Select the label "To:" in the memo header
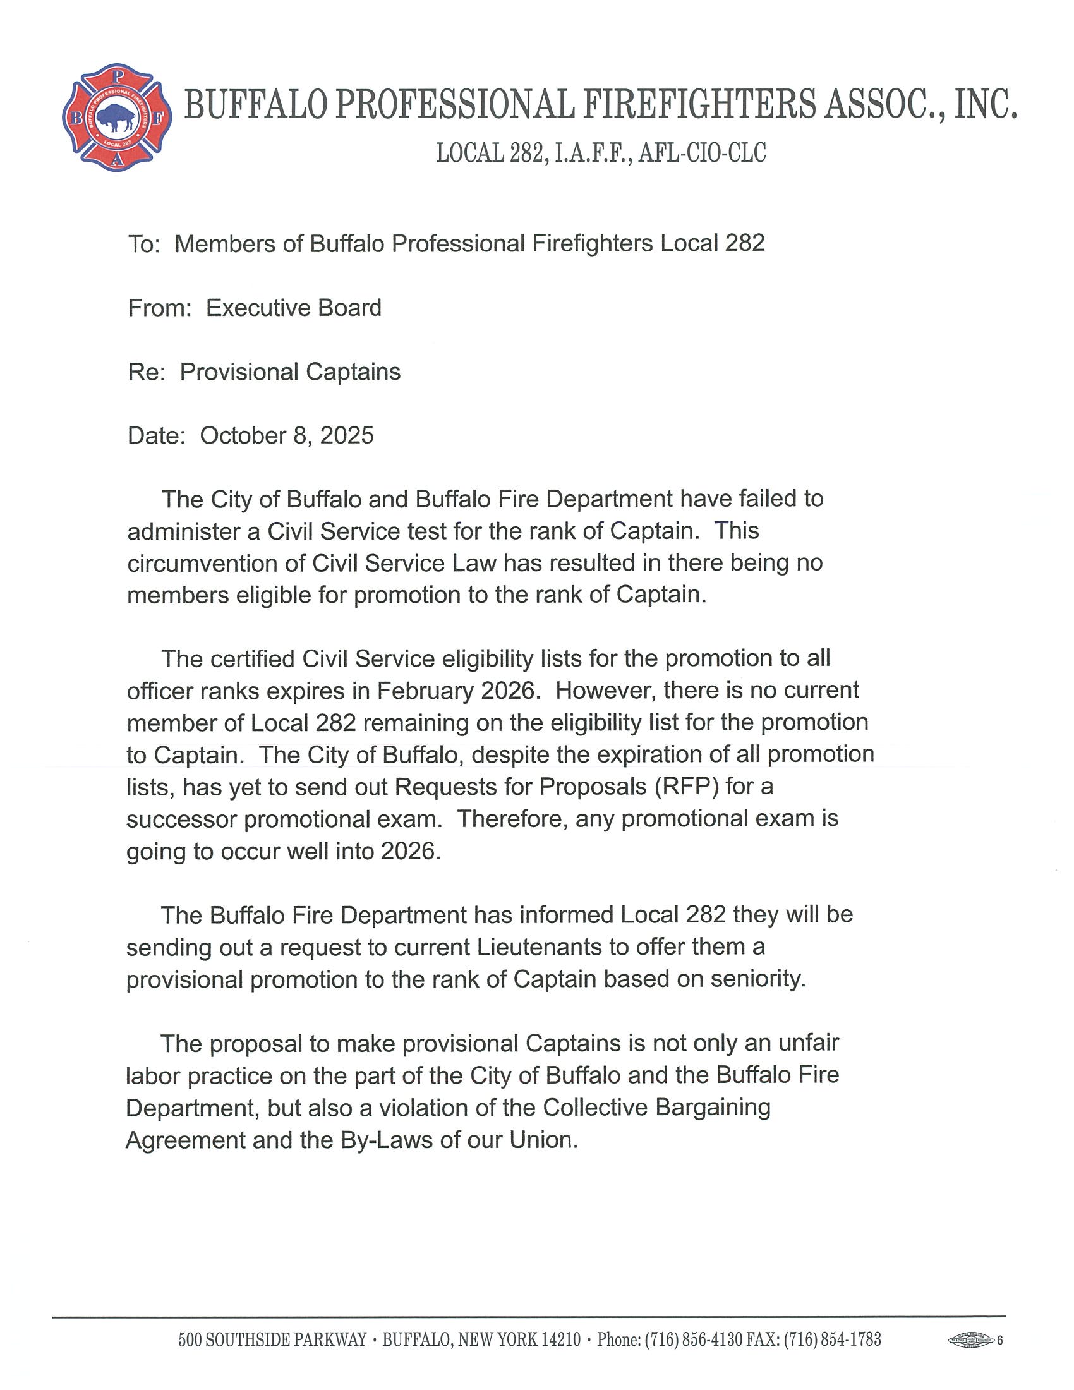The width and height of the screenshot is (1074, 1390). (145, 245)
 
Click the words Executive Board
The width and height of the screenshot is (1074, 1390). (293, 308)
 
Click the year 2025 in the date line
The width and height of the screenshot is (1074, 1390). (347, 436)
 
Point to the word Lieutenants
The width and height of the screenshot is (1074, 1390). (539, 947)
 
